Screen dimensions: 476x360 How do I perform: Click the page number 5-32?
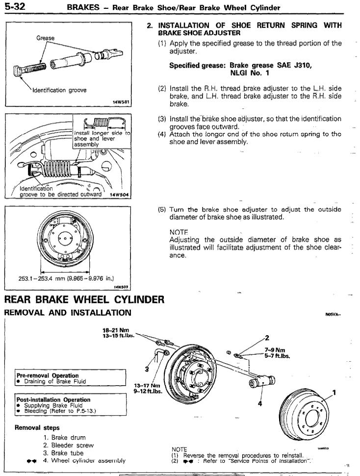tap(15, 7)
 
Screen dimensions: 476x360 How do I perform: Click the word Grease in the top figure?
tap(45, 38)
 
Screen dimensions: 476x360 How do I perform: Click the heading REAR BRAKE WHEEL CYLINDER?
tap(84, 300)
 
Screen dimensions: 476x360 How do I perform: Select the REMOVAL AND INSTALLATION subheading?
tap(68, 313)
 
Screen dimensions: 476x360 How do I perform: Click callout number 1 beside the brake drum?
tap(334, 392)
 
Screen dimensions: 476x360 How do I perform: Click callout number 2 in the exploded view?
tap(267, 337)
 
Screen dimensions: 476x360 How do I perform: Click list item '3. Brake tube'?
tap(63, 453)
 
